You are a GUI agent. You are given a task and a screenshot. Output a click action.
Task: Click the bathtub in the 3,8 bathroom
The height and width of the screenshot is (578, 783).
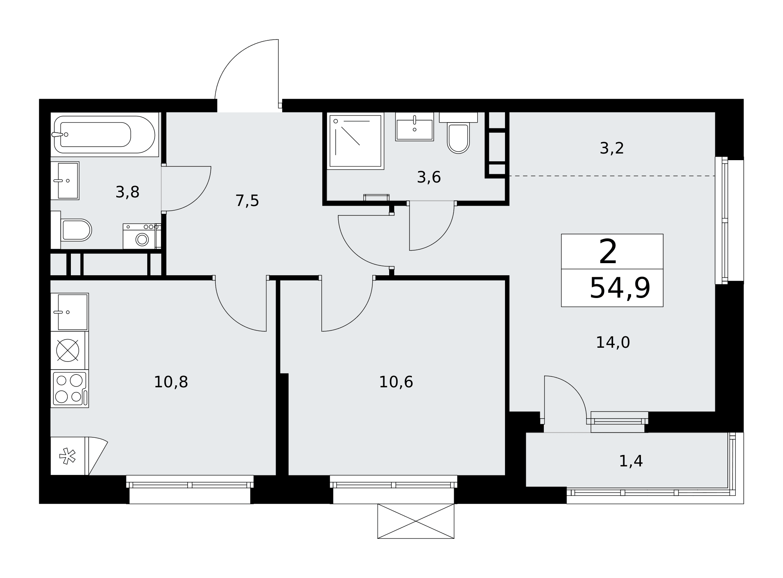point(105,134)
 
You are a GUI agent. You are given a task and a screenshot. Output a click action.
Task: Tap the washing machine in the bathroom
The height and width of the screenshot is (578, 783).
point(142,236)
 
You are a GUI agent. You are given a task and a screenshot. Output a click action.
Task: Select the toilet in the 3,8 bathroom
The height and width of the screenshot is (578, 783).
point(71,230)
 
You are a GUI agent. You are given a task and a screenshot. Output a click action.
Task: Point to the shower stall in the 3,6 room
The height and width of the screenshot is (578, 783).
point(355,141)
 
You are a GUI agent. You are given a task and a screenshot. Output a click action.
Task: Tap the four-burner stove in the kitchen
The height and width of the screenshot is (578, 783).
point(70,388)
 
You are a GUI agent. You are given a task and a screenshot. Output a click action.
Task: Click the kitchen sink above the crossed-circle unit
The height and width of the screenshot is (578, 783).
point(70,312)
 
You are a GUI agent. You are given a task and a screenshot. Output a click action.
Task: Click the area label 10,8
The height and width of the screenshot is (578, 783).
point(171,382)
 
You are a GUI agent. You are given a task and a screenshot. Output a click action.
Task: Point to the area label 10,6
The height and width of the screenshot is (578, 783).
point(396,382)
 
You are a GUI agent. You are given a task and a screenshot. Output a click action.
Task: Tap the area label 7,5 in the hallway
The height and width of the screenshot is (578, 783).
point(247,201)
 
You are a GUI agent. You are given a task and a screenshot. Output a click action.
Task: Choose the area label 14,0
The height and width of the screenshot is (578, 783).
point(613,343)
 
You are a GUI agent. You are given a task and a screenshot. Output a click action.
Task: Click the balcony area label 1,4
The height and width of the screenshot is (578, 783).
point(631,461)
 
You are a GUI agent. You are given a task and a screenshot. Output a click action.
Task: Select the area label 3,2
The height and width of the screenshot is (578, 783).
point(612,148)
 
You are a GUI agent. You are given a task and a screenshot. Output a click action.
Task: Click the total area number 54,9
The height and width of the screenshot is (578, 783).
point(620,288)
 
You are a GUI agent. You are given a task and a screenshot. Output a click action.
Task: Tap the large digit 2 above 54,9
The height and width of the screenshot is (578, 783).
point(608,252)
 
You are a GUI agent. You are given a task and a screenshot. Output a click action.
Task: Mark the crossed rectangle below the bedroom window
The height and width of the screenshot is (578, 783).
point(416,521)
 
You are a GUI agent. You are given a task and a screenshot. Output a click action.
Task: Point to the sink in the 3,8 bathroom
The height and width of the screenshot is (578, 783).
point(65,181)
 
